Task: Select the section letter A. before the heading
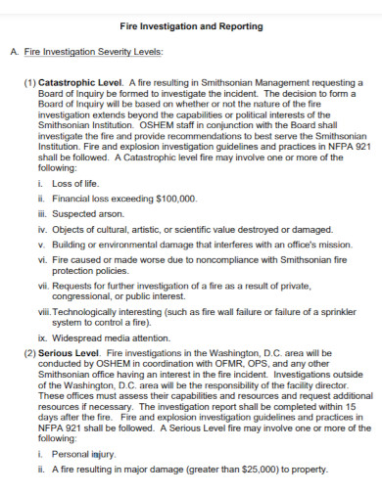pyautogui.click(x=15, y=51)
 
